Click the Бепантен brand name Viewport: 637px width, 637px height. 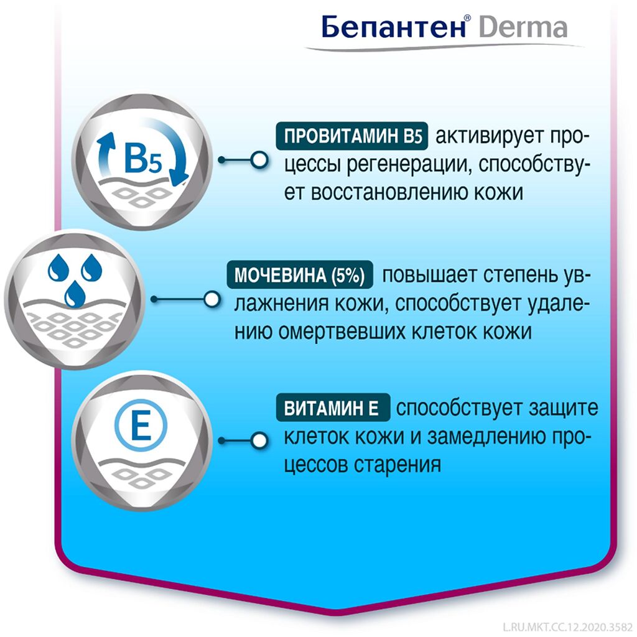click(393, 27)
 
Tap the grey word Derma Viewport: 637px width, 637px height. click(523, 27)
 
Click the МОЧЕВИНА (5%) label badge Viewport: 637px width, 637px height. click(300, 275)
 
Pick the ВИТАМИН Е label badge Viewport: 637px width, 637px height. click(333, 407)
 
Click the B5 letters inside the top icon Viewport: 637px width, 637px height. click(143, 159)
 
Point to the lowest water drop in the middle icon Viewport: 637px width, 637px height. click(75, 293)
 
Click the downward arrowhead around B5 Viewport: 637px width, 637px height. click(179, 178)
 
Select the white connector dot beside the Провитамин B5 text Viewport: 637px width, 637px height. click(259, 160)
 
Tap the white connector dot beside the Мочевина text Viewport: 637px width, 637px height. click(212, 299)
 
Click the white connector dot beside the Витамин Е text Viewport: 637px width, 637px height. click(259, 440)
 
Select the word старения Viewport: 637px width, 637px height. click(398, 465)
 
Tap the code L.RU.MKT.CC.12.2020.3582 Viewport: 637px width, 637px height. click(567, 627)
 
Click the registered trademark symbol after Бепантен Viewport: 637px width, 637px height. click(468, 18)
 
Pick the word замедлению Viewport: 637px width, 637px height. click(486, 437)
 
